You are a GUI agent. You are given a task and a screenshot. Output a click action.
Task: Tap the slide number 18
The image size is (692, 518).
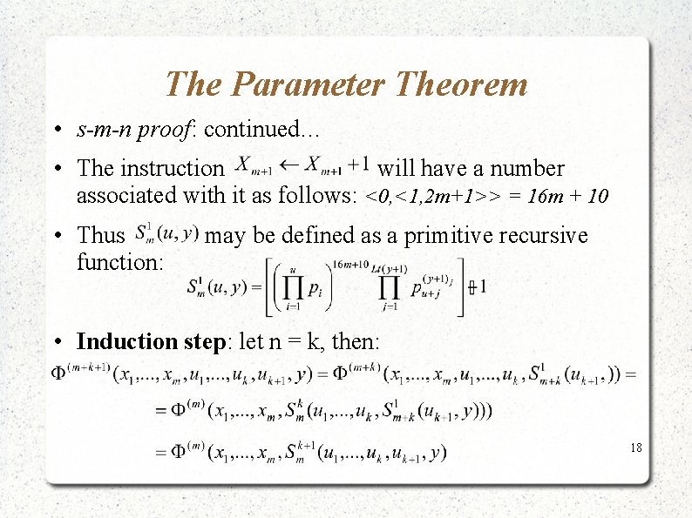(635, 447)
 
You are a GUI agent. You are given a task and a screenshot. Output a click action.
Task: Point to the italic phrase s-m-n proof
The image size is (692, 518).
(137, 131)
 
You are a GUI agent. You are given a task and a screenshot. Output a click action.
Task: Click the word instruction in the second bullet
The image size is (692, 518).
(173, 168)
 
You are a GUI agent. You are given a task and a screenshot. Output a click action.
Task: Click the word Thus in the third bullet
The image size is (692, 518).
(101, 235)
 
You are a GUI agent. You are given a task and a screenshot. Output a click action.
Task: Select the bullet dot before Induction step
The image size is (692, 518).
(55, 341)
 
